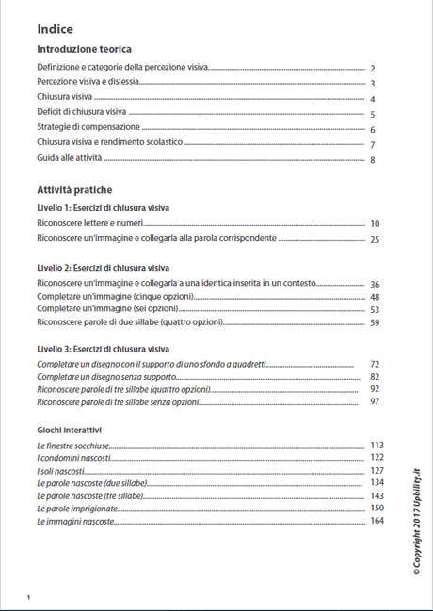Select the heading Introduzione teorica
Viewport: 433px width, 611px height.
coord(84,49)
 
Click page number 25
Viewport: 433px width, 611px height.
coord(374,240)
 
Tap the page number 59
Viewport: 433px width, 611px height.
coord(374,322)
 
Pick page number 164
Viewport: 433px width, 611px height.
coord(377,521)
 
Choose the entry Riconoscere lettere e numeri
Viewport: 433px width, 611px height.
coord(88,224)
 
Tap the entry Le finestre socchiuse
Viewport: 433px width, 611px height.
coord(72,445)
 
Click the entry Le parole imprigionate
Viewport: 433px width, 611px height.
coord(77,509)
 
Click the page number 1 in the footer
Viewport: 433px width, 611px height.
coord(29,597)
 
